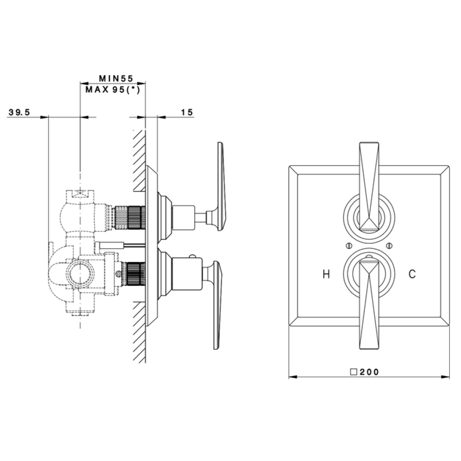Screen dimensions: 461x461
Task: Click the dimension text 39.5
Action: [x=20, y=113]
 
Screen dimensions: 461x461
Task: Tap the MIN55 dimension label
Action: [x=116, y=79]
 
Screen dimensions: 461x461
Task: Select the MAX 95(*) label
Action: [x=113, y=90]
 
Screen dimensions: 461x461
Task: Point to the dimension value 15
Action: [x=187, y=112]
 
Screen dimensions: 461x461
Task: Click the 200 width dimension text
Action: [x=369, y=372]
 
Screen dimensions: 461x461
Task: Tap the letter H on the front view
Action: [x=326, y=274]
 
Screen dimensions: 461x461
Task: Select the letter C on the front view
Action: [x=412, y=274]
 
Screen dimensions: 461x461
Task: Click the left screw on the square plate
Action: [x=349, y=246]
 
